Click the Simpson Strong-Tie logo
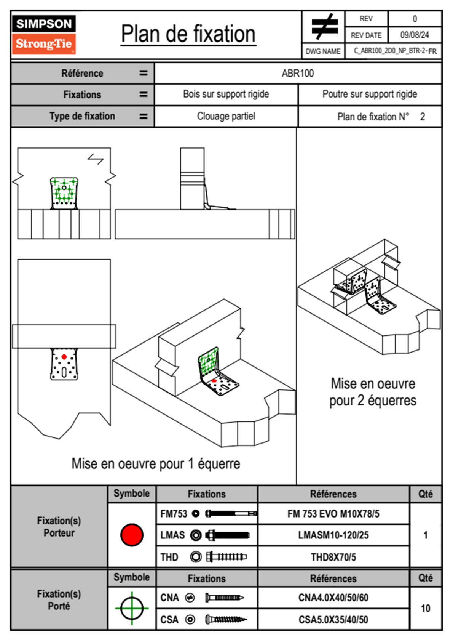tap(44, 34)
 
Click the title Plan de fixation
tap(188, 34)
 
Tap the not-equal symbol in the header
tap(324, 26)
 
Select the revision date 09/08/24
tap(415, 35)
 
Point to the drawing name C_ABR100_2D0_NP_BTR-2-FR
tap(395, 51)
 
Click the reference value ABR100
tap(298, 73)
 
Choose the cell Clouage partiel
tap(226, 116)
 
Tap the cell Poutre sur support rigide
tap(370, 94)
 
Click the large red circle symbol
tap(132, 535)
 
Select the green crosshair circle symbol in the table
tap(132, 608)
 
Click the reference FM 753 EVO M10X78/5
tap(333, 514)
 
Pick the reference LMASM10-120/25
tap(333, 535)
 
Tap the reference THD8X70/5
tap(333, 557)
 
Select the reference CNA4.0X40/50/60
tap(333, 598)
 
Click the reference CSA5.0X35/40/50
tap(333, 620)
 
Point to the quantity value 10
tap(425, 608)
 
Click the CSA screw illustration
tap(226, 620)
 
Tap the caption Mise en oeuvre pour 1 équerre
tap(156, 463)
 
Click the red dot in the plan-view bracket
tap(64, 357)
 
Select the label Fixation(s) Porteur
tap(59, 527)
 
